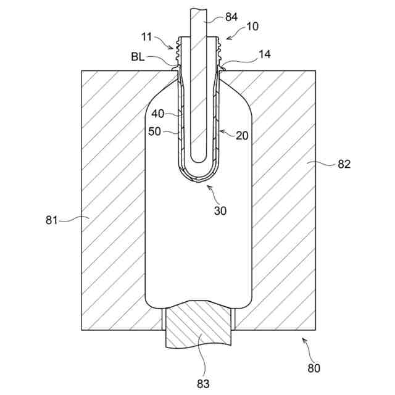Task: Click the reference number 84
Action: click(x=231, y=17)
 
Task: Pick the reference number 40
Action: click(x=159, y=114)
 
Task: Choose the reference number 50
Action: click(x=154, y=131)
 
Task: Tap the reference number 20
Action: click(x=242, y=135)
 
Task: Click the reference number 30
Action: click(x=220, y=210)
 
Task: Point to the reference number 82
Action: click(x=344, y=164)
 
